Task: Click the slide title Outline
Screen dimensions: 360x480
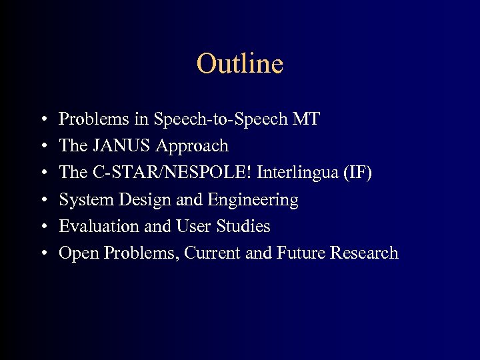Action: pyautogui.click(x=240, y=64)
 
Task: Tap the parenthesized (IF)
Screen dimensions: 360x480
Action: pyautogui.click(x=357, y=173)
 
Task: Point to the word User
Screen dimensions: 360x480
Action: pyautogui.click(x=194, y=227)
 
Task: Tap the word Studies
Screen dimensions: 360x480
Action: pyautogui.click(x=243, y=227)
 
